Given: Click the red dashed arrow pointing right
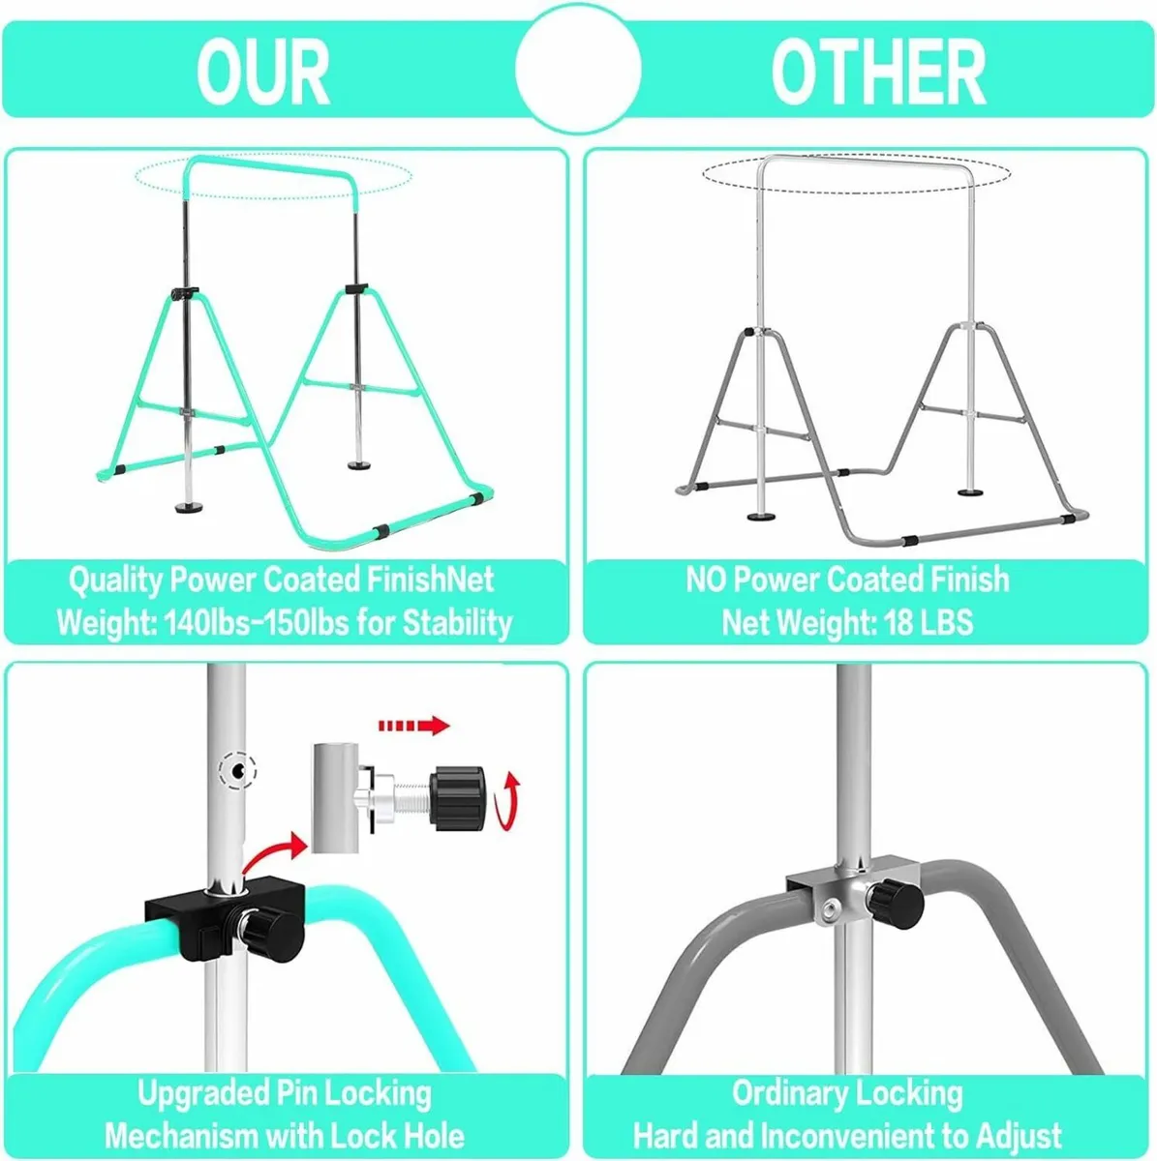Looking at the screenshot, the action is pos(413,726).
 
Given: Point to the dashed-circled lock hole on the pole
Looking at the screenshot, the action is pos(240,770).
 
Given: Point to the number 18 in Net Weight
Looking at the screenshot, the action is pos(898,622).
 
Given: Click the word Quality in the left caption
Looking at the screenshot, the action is pos(116,580).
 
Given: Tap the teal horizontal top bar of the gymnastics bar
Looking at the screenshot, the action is pos(272,163).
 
